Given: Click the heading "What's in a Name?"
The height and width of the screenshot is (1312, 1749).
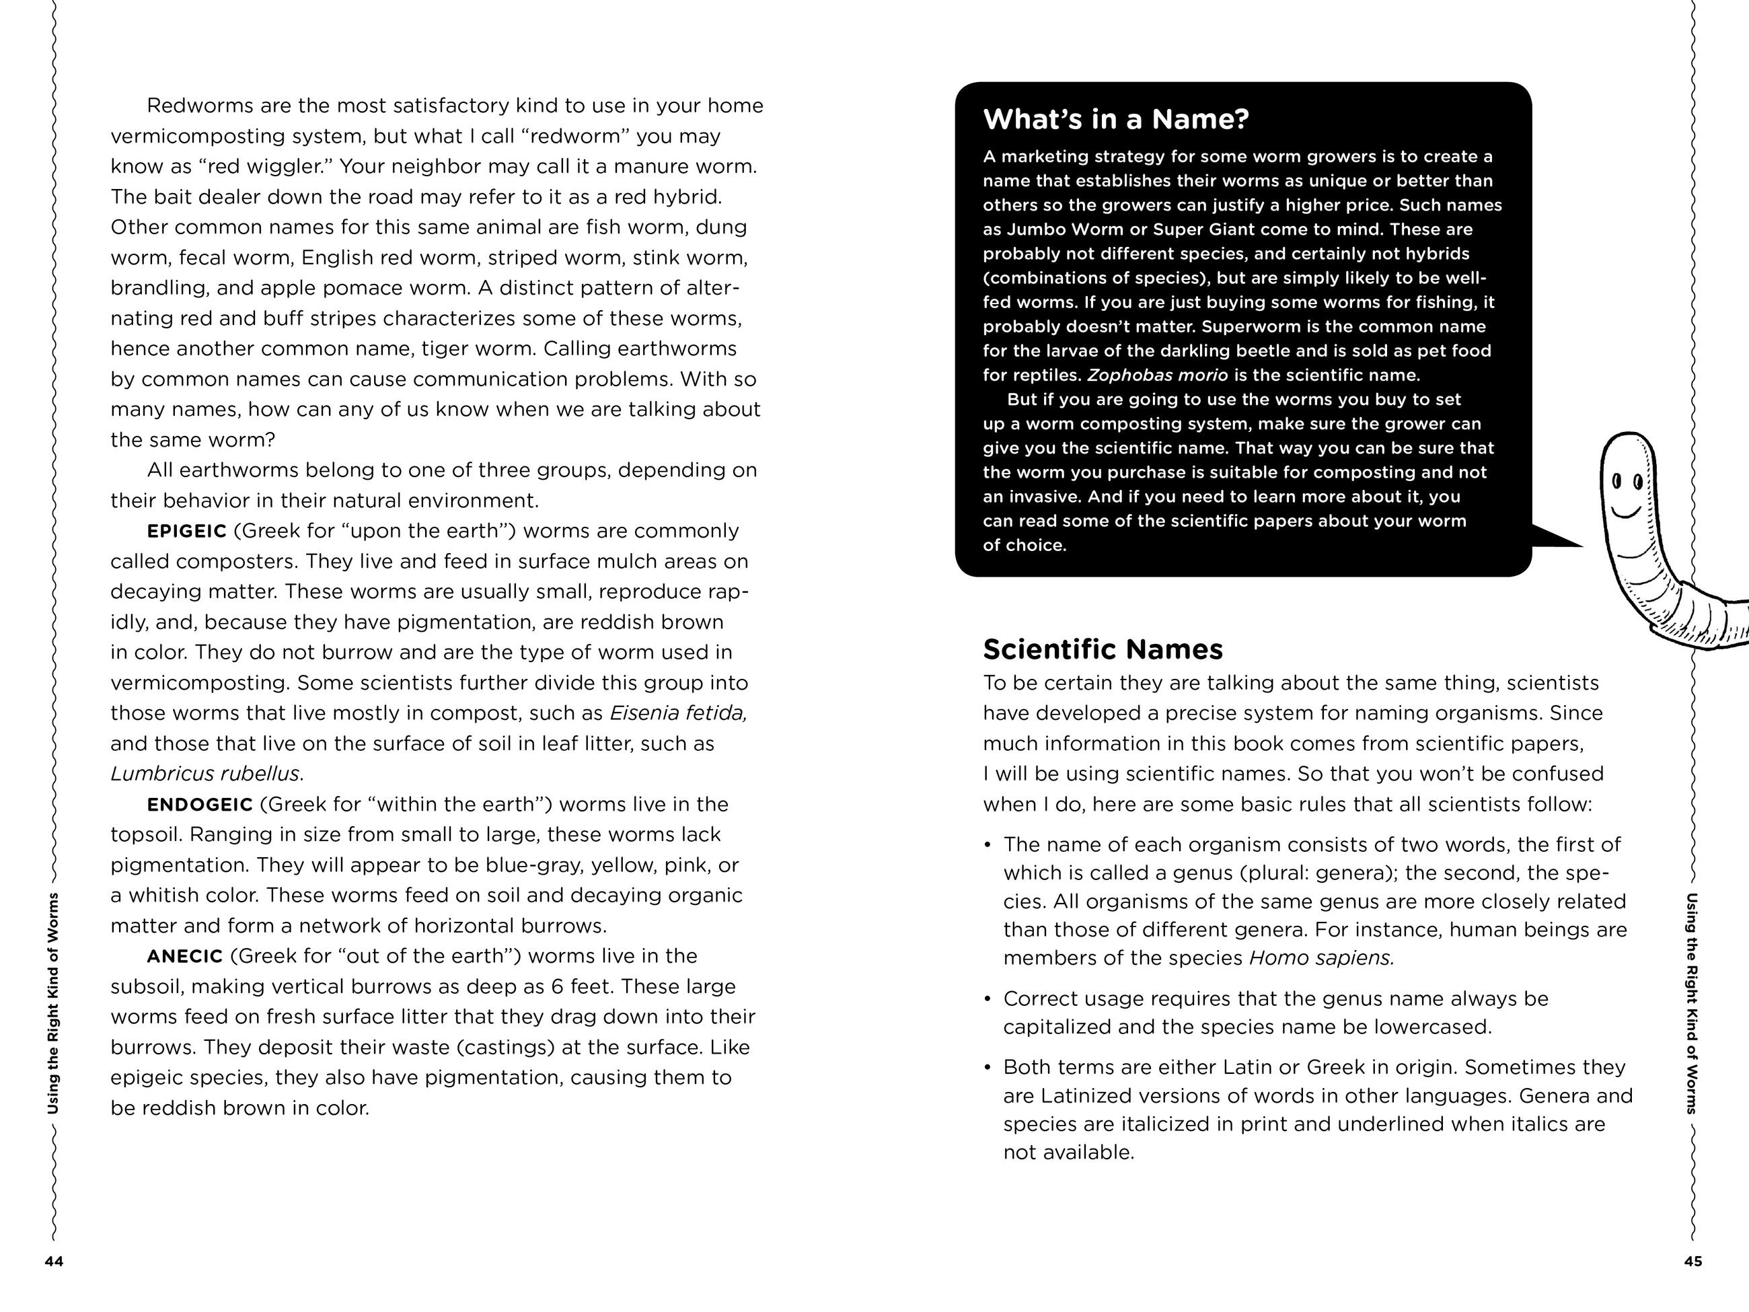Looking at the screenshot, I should click(x=1115, y=119).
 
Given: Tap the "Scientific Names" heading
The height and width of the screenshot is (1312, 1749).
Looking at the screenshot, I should click(x=1103, y=649).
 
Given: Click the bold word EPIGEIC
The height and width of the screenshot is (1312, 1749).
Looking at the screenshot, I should click(x=186, y=532).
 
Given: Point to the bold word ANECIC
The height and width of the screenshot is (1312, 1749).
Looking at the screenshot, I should click(x=184, y=957).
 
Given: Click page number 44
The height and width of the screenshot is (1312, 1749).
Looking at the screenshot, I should click(x=54, y=1262).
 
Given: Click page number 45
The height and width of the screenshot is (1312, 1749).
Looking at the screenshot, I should click(x=1693, y=1262).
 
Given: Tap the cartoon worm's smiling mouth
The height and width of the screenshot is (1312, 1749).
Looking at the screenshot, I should click(x=1627, y=509).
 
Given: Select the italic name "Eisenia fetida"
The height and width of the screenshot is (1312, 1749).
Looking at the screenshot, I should click(x=677, y=713).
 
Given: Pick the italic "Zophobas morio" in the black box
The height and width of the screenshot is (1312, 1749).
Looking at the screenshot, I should click(x=1158, y=375).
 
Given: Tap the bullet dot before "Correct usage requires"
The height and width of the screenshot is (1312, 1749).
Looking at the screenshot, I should click(x=988, y=1000).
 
